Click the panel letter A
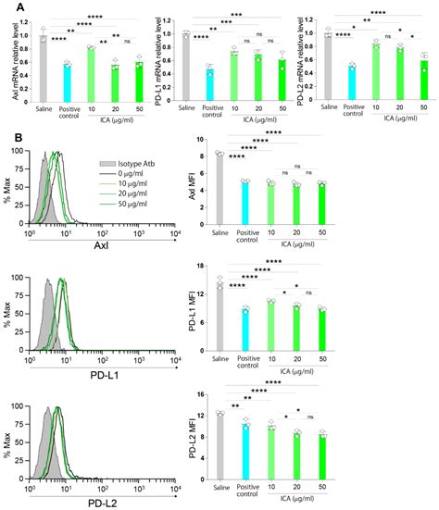pyautogui.click(x=8, y=7)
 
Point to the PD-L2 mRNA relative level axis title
pyautogui.click(x=311, y=63)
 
